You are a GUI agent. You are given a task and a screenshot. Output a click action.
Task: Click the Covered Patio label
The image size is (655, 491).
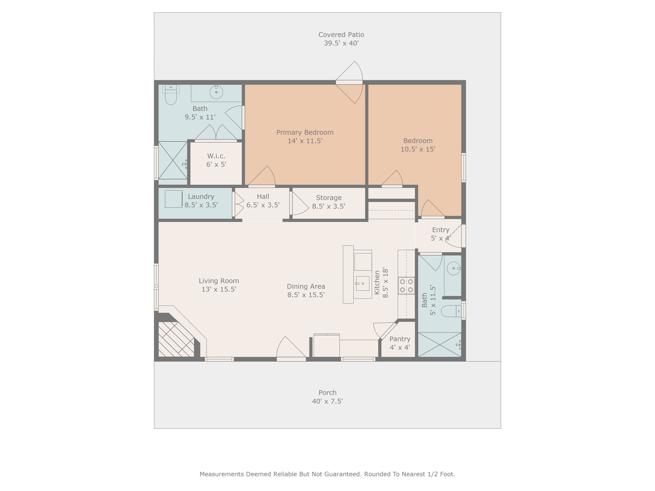(341, 35)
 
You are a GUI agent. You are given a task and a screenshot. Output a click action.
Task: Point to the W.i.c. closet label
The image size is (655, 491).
(216, 156)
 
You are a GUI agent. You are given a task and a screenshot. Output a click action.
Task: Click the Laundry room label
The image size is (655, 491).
(201, 197)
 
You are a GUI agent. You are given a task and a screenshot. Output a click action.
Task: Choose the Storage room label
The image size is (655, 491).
(329, 198)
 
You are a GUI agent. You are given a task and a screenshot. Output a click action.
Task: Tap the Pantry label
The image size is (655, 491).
(400, 339)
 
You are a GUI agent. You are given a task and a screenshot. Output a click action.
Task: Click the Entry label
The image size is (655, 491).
(441, 230)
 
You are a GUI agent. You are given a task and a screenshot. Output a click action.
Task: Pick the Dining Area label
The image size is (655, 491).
(306, 286)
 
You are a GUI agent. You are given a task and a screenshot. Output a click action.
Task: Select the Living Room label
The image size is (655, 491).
(219, 281)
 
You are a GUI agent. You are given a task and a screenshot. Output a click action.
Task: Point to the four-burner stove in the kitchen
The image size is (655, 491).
(406, 286)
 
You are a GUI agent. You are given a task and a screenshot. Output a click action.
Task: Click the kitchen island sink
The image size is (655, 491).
(362, 283)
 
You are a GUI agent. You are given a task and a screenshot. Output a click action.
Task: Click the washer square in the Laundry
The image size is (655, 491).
(174, 199)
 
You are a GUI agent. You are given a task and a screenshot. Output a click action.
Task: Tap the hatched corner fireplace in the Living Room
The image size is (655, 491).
(176, 339)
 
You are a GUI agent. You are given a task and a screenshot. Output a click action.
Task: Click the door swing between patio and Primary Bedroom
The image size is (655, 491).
(349, 82)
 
